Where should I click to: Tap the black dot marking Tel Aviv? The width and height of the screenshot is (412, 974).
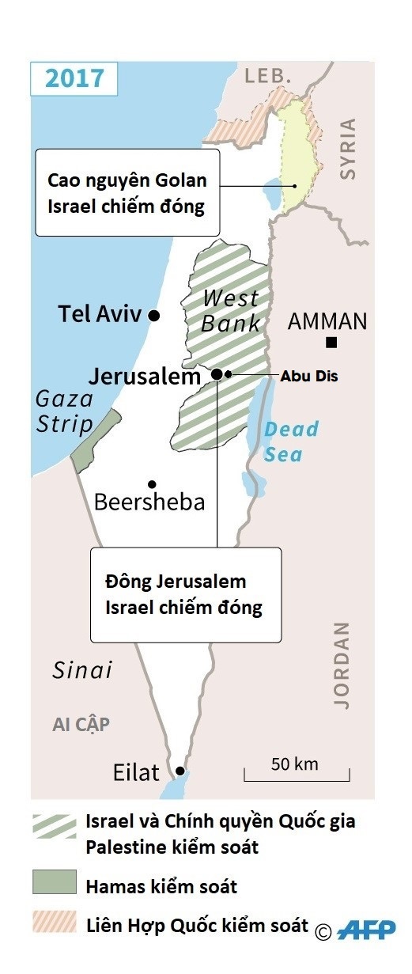154,316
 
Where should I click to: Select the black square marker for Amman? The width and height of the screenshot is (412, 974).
331,343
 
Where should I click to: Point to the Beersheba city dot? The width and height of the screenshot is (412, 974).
151,484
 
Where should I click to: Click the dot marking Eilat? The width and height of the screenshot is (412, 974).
180,771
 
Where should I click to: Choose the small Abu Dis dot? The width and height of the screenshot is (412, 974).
229,374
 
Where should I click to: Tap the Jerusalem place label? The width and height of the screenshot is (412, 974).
145,377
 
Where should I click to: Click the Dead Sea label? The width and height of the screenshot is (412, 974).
290,442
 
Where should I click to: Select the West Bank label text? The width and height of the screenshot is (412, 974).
230,311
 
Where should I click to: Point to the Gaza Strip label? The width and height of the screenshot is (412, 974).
64,411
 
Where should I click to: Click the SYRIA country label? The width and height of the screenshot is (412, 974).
346,150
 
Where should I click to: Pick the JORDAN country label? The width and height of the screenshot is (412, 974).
341,665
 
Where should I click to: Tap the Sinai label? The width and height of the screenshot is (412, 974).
82,670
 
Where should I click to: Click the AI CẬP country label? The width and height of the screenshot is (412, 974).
81,725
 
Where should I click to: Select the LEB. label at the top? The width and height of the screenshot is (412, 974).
269,76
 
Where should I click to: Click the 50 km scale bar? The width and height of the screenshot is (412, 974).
296,774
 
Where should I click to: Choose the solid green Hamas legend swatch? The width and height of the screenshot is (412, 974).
55,881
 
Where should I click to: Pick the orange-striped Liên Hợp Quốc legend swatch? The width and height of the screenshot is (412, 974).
55,922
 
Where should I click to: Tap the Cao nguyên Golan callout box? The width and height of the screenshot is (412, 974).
127,192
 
